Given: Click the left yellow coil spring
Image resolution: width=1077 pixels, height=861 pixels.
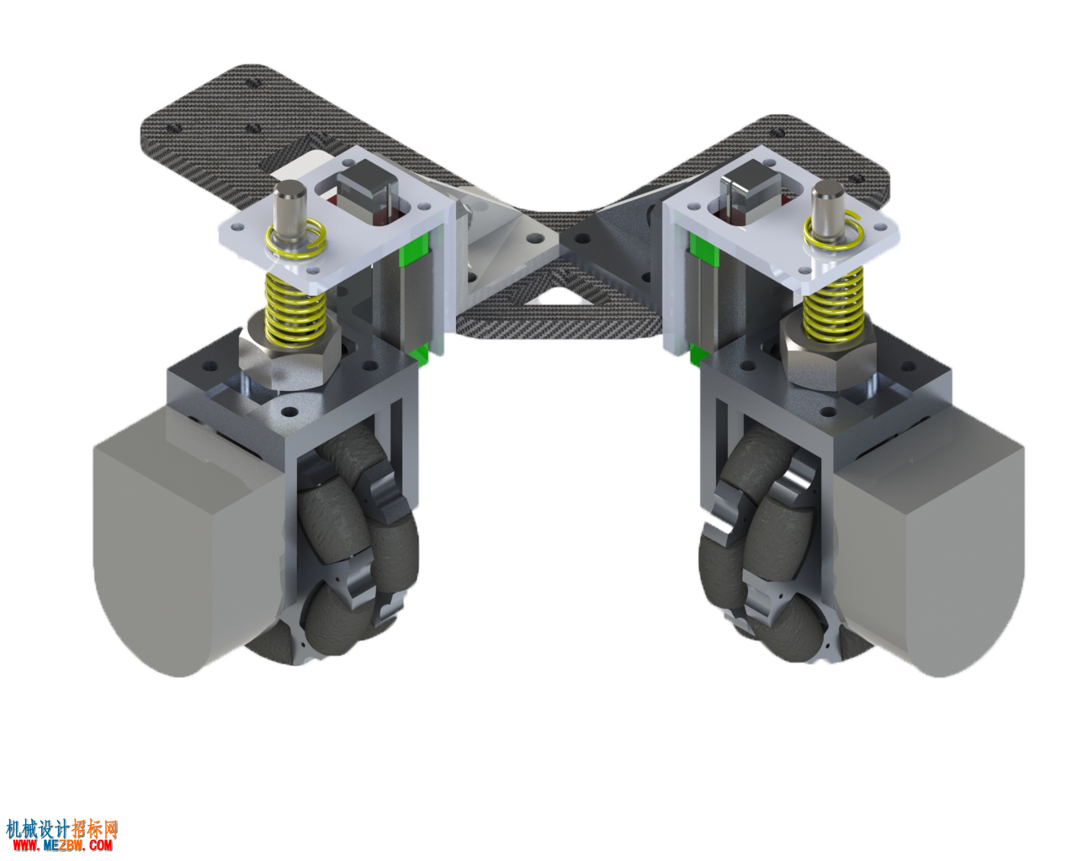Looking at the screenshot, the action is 294,310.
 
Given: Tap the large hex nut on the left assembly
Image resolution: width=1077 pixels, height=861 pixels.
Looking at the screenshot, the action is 289,359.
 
